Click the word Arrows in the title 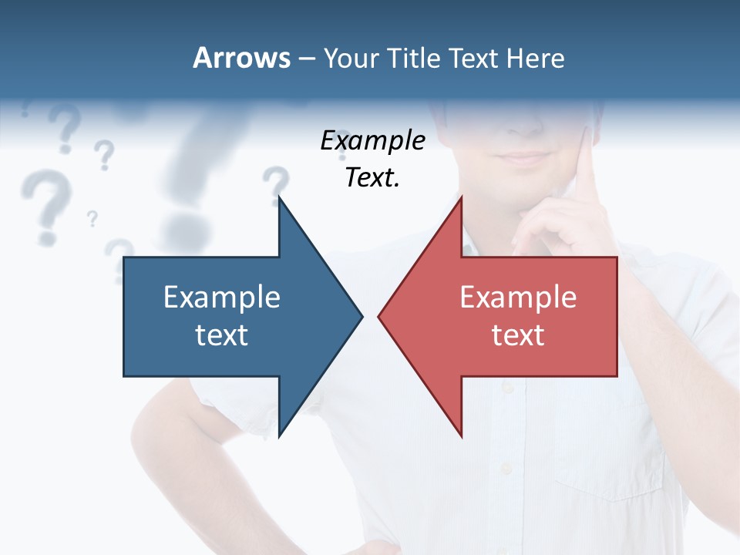pos(241,58)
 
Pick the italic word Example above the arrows pos(373,140)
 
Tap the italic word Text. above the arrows pos(373,178)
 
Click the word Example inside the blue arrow pos(222,298)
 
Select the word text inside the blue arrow pos(222,335)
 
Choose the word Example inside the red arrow pos(518,298)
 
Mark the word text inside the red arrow pos(518,335)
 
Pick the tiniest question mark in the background pos(92,219)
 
